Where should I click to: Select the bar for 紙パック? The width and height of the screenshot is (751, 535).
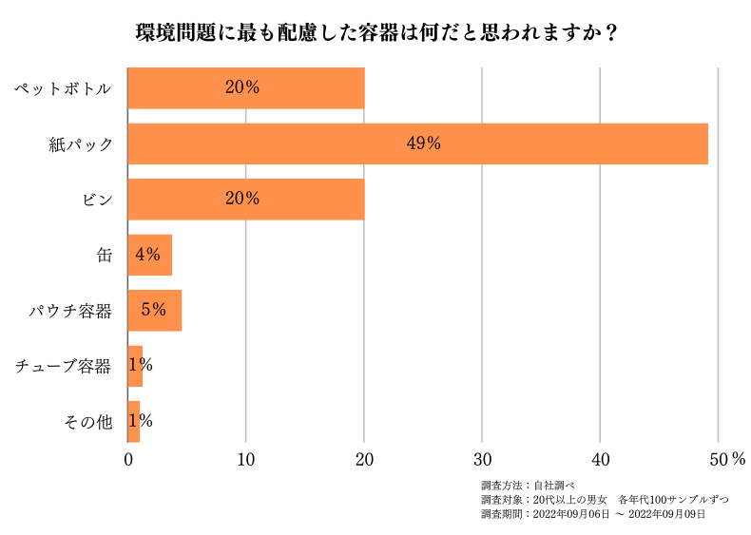(417, 143)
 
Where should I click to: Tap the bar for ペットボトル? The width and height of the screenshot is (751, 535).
(245, 87)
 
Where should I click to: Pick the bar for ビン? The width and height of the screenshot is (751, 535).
(245, 199)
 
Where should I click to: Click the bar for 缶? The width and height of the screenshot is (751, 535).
(149, 255)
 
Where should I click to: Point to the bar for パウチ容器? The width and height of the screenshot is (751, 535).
(154, 310)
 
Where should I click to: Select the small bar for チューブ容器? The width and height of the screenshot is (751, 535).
(134, 366)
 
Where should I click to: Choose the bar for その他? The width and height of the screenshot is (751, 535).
(133, 421)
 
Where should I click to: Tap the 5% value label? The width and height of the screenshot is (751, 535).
(153, 310)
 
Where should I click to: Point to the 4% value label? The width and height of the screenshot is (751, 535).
(147, 255)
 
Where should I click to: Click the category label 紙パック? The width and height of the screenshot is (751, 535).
(81, 144)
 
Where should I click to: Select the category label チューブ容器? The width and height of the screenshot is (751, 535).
(63, 366)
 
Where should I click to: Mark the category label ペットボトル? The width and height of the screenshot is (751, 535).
(63, 88)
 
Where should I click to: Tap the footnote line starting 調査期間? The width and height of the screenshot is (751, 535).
(592, 514)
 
